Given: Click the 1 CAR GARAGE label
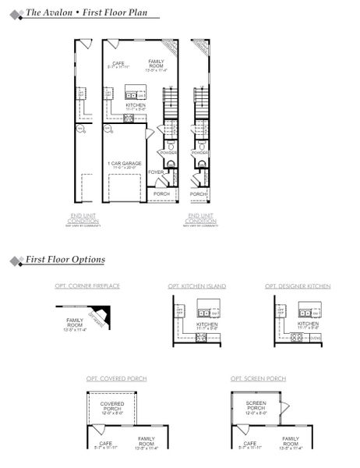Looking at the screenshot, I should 125,163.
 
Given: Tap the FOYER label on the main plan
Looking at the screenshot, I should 156,172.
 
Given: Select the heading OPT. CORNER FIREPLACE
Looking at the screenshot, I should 86,286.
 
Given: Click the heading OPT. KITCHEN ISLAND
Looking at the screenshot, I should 196,286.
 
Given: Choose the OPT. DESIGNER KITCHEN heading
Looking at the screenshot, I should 297,286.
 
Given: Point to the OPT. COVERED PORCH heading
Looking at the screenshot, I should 116,378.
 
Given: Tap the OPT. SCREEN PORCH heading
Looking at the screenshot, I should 258,378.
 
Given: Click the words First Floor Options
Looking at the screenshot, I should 65,259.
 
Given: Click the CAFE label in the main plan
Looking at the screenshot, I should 118,63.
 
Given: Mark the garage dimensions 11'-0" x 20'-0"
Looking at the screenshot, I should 125,168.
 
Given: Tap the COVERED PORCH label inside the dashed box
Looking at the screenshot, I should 112,406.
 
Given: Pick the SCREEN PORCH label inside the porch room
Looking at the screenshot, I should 256,406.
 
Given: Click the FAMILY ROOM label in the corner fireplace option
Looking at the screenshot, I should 75,322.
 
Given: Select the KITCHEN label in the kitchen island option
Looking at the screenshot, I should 207,323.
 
